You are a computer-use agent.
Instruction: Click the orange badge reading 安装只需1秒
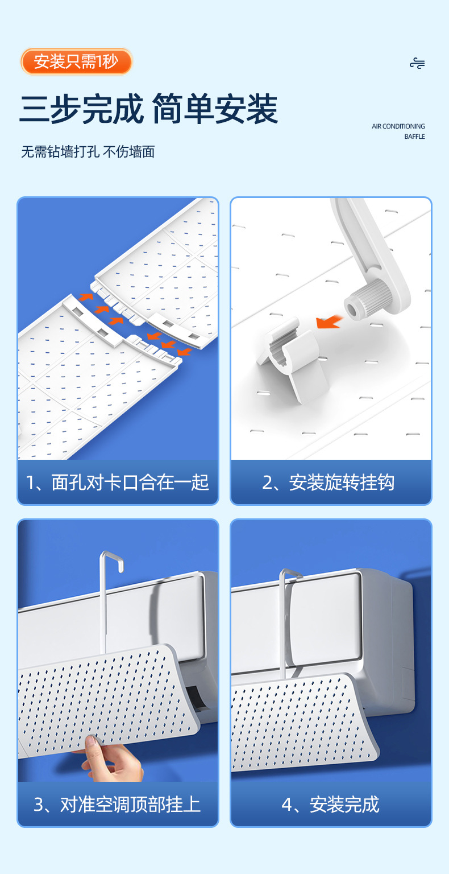(76, 61)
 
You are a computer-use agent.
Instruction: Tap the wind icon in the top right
(417, 63)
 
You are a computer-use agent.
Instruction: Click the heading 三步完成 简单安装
(148, 109)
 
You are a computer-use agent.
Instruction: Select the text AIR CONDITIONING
(398, 126)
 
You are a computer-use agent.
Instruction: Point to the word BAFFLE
(414, 137)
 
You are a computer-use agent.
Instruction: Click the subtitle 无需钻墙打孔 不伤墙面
(88, 152)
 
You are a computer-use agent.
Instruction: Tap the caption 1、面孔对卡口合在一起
(117, 483)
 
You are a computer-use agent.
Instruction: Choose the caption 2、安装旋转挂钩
(328, 483)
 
